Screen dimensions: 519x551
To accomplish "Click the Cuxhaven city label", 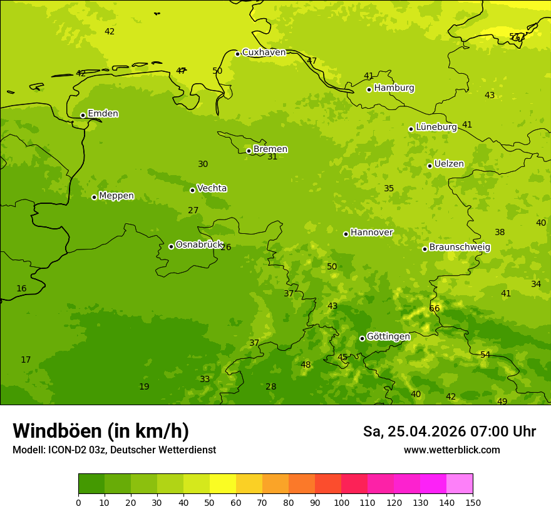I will pos(264,53).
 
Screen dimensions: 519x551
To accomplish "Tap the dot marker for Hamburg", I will pos(369,89).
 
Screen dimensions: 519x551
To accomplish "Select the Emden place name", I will pos(103,114).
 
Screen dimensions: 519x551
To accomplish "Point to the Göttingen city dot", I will pos(362,338).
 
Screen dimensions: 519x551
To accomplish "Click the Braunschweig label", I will pos(460,248).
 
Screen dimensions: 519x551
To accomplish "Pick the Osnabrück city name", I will pos(198,245).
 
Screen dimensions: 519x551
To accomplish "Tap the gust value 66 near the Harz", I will pos(435,309).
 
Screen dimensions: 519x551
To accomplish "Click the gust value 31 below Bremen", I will pos(272,157).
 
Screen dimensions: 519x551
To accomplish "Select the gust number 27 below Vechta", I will pos(193,211).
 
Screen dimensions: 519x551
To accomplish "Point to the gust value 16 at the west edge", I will pos(21,289).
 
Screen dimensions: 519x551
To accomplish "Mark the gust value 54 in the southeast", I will pos(485,355).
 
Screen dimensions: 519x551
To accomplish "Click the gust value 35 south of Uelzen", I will pos(389,189).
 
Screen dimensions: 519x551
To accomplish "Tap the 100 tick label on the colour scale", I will pos(341,502).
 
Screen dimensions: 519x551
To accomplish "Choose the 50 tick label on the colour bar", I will pos(210,502).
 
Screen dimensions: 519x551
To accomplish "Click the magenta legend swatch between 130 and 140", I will pos(433,484).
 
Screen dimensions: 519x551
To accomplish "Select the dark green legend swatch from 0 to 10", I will pos(91,484).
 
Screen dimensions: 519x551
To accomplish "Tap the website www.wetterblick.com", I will pos(451,450).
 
